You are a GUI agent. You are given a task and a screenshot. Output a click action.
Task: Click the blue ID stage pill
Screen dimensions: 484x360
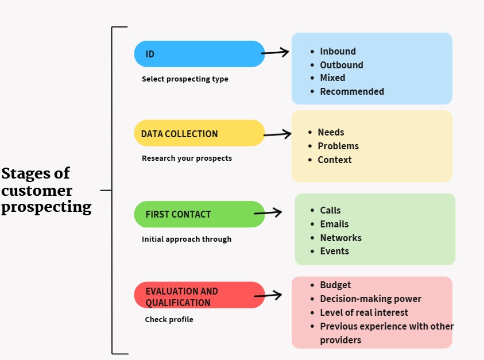pyautogui.click(x=199, y=54)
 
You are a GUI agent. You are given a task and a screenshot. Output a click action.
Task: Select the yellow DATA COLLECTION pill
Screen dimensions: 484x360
pyautogui.click(x=199, y=133)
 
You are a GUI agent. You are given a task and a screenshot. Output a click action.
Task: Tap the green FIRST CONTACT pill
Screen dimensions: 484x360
pyautogui.click(x=199, y=214)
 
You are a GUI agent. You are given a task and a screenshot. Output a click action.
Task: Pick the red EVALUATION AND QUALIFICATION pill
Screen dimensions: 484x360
pyautogui.click(x=199, y=295)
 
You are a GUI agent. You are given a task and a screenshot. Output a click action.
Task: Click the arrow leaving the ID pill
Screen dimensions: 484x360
pyautogui.click(x=276, y=53)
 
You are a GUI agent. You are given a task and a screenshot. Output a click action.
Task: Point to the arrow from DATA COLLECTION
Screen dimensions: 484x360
pyautogui.click(x=278, y=134)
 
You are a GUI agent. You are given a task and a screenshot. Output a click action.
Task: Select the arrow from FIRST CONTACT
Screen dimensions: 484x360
pyautogui.click(x=268, y=212)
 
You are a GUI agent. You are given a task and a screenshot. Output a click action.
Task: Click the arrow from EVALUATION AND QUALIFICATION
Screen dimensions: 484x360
pyautogui.click(x=268, y=296)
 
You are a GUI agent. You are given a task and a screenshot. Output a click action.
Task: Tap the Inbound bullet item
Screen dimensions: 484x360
pyautogui.click(x=338, y=52)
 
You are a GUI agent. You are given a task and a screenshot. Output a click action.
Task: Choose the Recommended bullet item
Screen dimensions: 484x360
pyautogui.click(x=352, y=91)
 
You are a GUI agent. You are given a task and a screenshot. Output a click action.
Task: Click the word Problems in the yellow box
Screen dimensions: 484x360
pyautogui.click(x=338, y=146)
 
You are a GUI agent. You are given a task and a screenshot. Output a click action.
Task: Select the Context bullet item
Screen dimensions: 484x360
pyautogui.click(x=335, y=160)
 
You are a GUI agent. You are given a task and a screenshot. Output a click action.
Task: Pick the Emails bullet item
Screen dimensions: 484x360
pyautogui.click(x=334, y=224)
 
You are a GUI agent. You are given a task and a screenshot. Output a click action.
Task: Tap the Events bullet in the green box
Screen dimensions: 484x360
pyautogui.click(x=334, y=251)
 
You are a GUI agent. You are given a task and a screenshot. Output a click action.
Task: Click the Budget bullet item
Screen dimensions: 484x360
pyautogui.click(x=335, y=285)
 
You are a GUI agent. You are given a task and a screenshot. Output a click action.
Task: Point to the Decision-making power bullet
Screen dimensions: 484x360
pyautogui.click(x=370, y=299)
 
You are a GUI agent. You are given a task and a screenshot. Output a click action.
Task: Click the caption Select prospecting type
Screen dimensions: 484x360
pyautogui.click(x=185, y=79)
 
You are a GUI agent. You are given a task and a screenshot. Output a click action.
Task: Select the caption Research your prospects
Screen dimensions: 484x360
pyautogui.click(x=187, y=158)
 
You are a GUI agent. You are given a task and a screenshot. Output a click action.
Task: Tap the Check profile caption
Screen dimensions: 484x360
pyautogui.click(x=169, y=319)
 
